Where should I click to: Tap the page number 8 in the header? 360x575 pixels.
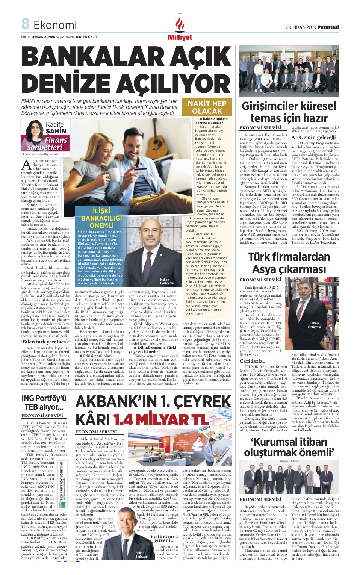coord(25,24)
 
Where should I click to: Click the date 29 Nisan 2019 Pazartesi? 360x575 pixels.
coord(312,27)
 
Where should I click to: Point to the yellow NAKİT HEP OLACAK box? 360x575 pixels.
coord(207,107)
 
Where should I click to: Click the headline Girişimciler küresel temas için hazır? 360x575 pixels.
coord(289,112)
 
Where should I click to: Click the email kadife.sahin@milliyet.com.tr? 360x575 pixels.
coord(41,154)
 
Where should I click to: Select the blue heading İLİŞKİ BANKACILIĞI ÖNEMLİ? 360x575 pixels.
coord(101,218)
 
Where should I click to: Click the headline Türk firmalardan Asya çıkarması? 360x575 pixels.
coord(289,263)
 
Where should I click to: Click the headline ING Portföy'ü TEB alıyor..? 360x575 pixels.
coord(44,402)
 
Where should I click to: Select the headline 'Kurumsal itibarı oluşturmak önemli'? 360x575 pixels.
coord(289,447)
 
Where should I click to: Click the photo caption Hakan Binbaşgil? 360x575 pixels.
coord(139,554)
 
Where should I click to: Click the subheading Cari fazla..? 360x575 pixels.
coord(253,361)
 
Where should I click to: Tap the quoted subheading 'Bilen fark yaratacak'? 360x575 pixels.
coord(45,342)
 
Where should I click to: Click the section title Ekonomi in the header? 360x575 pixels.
coord(55,25)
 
